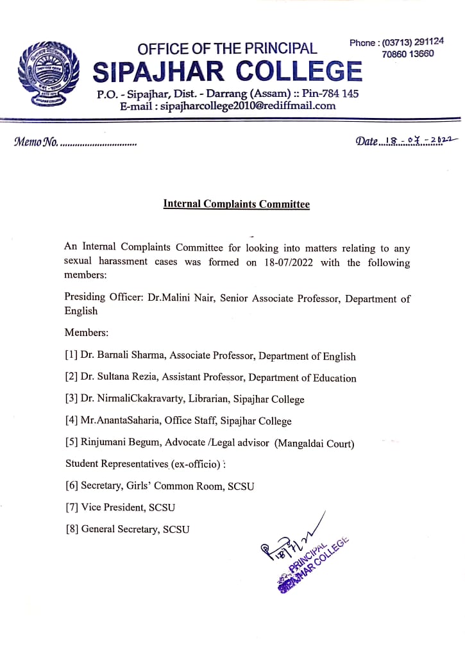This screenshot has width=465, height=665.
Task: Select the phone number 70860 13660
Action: coord(408,54)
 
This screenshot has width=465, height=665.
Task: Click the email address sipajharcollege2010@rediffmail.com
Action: coord(249,106)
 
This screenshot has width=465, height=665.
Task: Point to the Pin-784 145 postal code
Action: coord(334,94)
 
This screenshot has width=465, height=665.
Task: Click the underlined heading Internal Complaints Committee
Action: coord(236,205)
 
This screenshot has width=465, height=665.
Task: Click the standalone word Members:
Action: coord(87,333)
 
